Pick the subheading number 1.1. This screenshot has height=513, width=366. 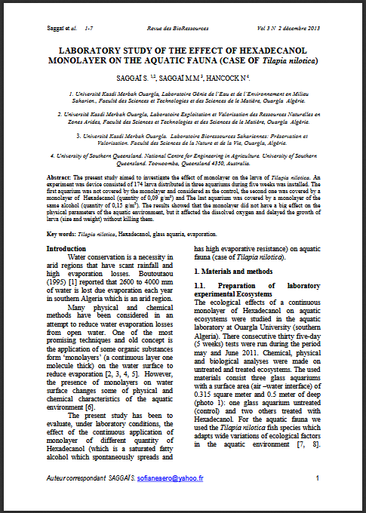tap(202, 285)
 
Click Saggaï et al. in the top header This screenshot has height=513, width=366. tap(51, 28)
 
